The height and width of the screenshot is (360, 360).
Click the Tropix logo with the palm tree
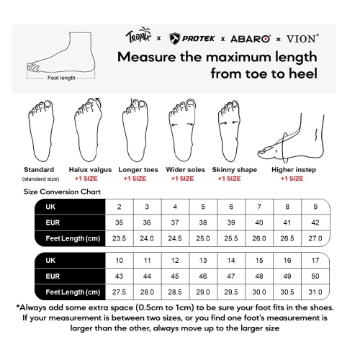138,35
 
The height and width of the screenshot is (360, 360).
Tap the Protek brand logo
192,39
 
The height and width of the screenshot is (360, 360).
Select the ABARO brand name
251,39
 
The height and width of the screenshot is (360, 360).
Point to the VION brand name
302,38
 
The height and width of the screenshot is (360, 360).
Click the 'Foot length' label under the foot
61,78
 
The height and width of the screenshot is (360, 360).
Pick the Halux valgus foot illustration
89,130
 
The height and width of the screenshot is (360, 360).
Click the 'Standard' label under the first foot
39,170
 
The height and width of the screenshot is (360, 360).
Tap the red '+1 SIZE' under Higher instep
292,179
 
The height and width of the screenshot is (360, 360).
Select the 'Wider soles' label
186,170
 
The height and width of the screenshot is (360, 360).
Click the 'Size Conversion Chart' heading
62,192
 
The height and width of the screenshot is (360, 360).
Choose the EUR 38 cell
203,222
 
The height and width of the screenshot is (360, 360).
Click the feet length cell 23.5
119,238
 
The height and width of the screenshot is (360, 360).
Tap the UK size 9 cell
315,207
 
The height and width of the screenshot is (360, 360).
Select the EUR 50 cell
315,276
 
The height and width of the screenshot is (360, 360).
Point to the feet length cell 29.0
203,292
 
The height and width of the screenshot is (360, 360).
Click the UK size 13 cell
203,261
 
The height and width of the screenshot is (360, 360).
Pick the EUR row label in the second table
53,276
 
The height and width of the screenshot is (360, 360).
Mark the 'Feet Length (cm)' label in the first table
73,238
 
